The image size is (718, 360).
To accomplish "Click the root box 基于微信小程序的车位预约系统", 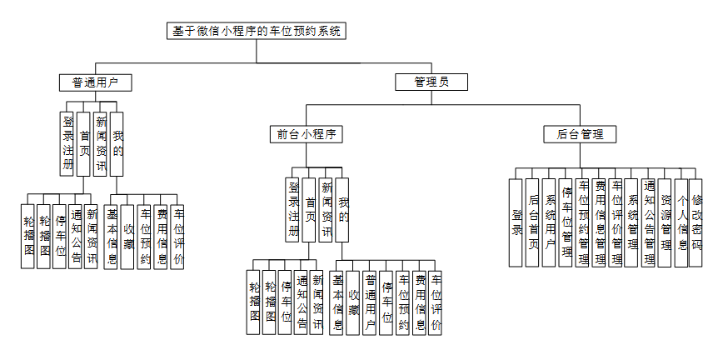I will click(x=257, y=32).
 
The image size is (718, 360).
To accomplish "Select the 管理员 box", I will click(x=431, y=82).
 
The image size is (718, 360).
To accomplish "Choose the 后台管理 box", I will click(x=581, y=133).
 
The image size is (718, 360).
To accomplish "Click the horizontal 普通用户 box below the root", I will click(x=97, y=82).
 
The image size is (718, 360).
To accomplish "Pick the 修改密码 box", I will click(x=696, y=222).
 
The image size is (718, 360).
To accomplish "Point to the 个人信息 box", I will click(x=681, y=222).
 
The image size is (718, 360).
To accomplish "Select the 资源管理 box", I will click(x=665, y=222).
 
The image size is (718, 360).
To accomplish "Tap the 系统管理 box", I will click(x=632, y=222).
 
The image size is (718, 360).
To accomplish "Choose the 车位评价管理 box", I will click(x=616, y=222).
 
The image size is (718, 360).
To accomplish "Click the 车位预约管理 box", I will click(x=583, y=222).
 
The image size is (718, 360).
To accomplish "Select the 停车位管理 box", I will click(x=566, y=222).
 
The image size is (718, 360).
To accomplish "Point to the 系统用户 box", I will click(x=549, y=222).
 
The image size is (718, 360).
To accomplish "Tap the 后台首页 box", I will click(x=533, y=222).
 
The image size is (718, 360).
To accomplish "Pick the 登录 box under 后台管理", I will click(x=517, y=222).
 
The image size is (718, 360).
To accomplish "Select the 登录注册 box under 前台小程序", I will click(x=292, y=209).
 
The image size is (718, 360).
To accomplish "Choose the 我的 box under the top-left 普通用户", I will click(x=117, y=142).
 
